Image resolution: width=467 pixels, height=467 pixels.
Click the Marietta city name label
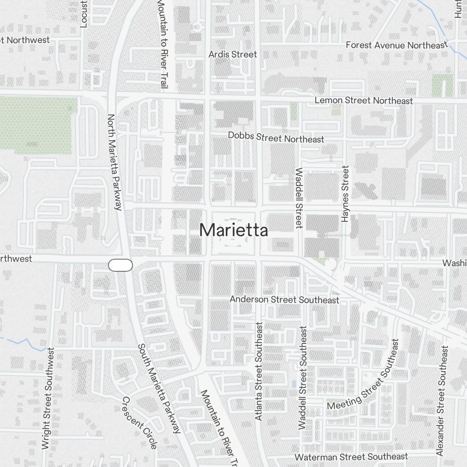coord(233,230)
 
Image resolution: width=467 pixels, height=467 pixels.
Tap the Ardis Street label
coord(233,54)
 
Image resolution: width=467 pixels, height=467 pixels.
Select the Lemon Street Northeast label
coord(363,100)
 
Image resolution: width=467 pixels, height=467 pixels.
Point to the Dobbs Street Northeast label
coord(276,137)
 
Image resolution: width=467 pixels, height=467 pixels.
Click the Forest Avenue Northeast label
coord(396,45)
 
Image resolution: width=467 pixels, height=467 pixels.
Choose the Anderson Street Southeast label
coord(284,299)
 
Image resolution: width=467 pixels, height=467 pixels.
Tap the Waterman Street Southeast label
coord(351,457)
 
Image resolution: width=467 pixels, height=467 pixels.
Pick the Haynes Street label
coord(345,193)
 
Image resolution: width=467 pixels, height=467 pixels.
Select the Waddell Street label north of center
coord(299,198)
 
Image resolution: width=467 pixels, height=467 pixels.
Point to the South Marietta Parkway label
coord(159,389)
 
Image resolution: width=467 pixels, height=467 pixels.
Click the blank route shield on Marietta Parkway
coord(120,265)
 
